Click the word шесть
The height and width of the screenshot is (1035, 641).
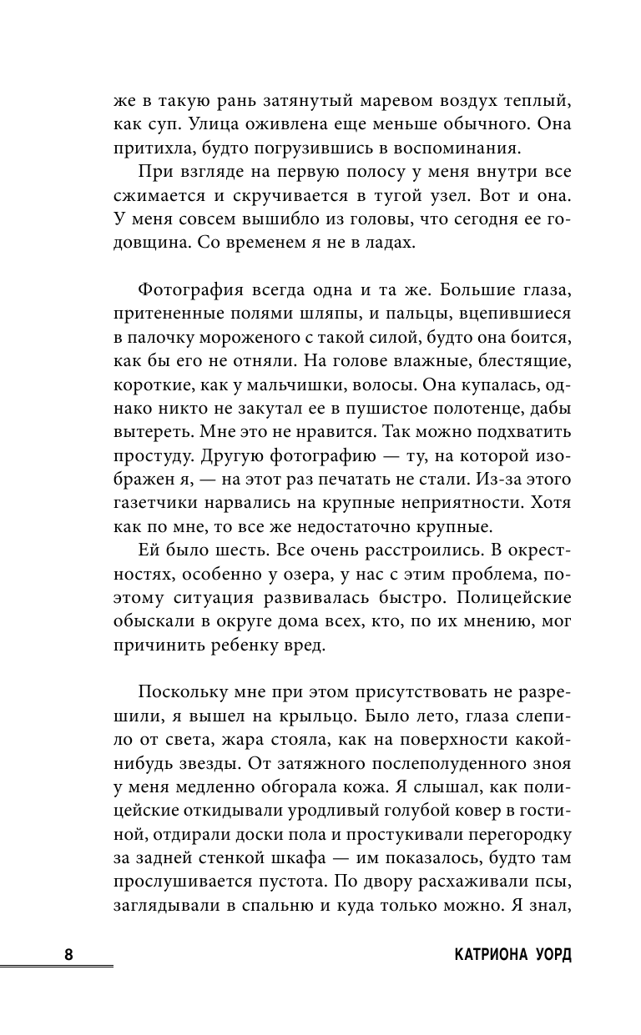(x=227, y=556)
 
